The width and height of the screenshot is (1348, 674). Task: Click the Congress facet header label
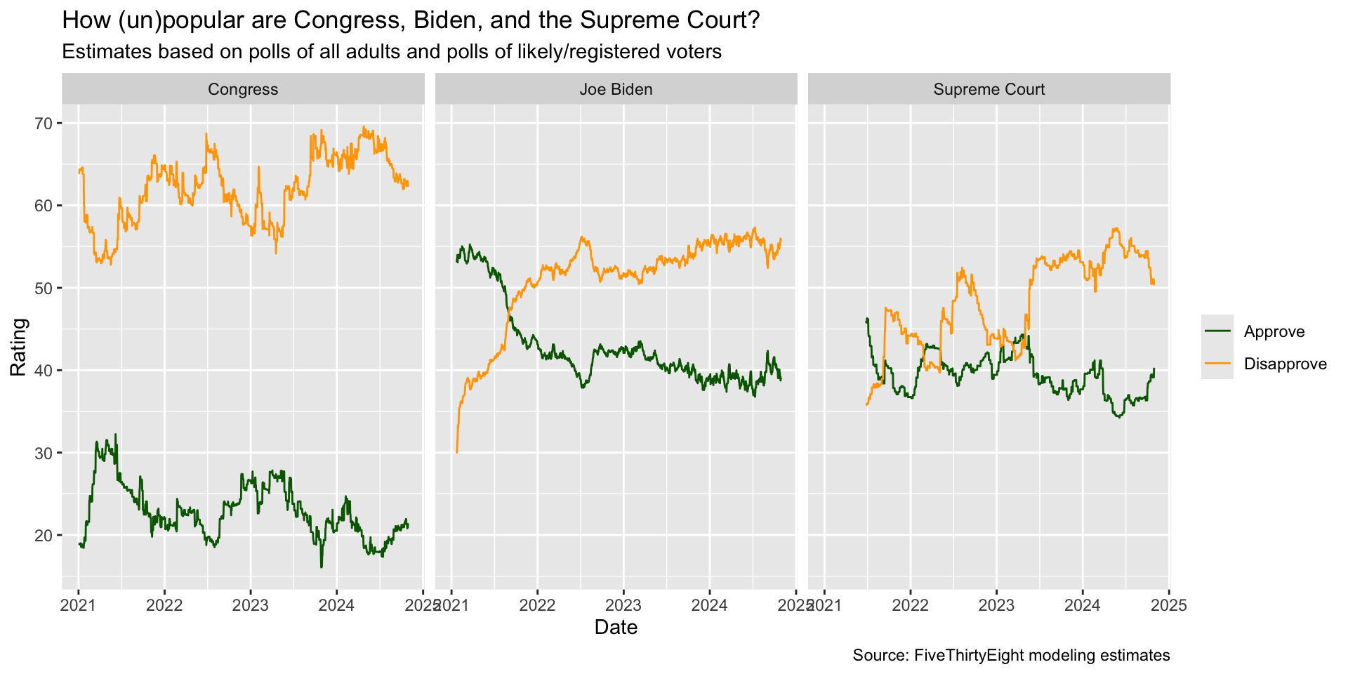point(243,89)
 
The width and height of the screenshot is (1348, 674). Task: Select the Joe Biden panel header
point(616,89)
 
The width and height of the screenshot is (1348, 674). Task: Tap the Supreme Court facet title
point(989,89)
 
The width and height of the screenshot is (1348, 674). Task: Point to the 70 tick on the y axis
point(43,124)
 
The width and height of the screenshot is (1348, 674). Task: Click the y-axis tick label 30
point(43,453)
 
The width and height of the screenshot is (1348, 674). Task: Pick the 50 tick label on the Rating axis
point(43,288)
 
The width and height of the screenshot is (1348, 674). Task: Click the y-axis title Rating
point(19,347)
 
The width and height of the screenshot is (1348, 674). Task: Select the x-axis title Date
point(616,627)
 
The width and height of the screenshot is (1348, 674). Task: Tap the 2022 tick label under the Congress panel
point(164,605)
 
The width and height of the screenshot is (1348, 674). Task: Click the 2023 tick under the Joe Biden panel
point(623,605)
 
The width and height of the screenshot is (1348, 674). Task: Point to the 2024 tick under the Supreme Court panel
point(1083,605)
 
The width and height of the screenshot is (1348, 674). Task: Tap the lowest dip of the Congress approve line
point(322,567)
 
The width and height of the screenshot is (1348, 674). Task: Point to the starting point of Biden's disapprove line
point(457,452)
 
